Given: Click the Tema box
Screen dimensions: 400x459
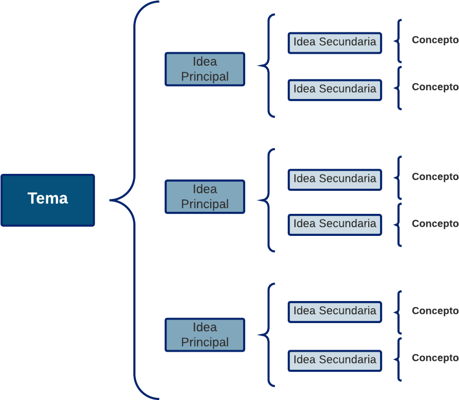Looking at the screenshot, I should (x=48, y=200).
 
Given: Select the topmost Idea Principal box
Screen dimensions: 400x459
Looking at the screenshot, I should (x=205, y=69).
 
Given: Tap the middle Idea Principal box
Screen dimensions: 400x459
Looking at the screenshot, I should (x=205, y=197).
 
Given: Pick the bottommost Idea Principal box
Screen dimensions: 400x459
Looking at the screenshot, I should (x=205, y=335).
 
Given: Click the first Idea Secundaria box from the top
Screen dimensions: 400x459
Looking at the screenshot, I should (x=334, y=43).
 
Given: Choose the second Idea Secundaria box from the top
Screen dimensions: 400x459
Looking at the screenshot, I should (x=334, y=90).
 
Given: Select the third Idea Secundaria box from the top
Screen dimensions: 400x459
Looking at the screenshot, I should (x=334, y=179).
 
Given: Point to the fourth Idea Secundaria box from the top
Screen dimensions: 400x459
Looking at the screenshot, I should (x=334, y=225).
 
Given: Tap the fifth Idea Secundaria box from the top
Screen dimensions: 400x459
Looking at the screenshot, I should (x=334, y=312).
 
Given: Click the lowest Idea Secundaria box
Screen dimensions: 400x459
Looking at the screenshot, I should (x=334, y=361).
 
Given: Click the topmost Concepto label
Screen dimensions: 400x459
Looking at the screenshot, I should (x=435, y=40).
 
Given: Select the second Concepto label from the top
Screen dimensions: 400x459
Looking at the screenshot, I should (x=435, y=87).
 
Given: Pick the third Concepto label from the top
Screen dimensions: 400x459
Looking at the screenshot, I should (x=435, y=177).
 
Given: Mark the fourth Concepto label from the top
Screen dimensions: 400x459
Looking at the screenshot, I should (x=435, y=224).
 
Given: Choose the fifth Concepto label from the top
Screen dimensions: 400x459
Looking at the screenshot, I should (x=435, y=311).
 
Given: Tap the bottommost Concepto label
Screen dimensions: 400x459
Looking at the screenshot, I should (x=435, y=358).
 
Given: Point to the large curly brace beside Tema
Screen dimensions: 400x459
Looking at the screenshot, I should (x=134, y=200).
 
